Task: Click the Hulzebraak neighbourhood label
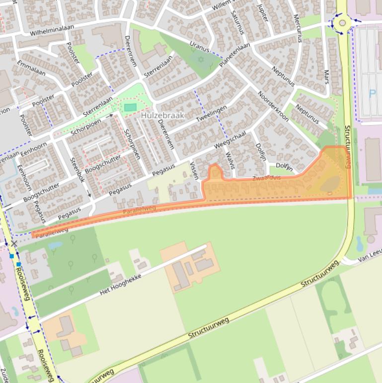[162, 115]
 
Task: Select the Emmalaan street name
[31, 69]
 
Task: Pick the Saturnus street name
[237, 22]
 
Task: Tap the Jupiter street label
[262, 12]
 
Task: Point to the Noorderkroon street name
[273, 106]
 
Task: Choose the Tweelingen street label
[211, 114]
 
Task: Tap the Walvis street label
[229, 161]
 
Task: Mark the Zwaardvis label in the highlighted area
[267, 178]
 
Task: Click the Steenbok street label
[78, 170]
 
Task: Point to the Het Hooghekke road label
[121, 284]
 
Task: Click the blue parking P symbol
[373, 93]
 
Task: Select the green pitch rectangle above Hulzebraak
[130, 107]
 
